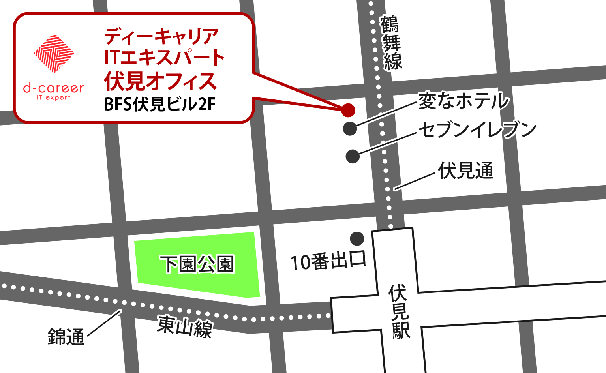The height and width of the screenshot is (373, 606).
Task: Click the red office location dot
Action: [x=348, y=110]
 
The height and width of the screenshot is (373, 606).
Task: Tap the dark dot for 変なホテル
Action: [x=350, y=129]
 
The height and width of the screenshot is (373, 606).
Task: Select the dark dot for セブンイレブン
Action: [x=353, y=156]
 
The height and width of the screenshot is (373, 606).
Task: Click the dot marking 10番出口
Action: [x=357, y=238]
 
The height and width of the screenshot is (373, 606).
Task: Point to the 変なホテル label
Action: [x=463, y=101]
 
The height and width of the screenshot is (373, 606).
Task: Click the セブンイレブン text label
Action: [x=477, y=129]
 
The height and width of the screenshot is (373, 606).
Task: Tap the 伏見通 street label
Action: [x=465, y=171]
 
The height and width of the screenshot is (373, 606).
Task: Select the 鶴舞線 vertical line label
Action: [x=391, y=43]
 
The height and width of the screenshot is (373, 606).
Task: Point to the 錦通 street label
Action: [x=66, y=337]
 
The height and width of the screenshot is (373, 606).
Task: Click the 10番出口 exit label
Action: [x=328, y=261]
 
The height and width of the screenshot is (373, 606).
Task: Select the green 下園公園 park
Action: [x=197, y=264]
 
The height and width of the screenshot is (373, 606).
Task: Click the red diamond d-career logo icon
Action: [x=54, y=53]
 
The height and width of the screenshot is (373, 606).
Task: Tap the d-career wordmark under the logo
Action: [x=54, y=88]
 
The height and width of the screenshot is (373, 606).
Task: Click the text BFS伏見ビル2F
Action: [x=160, y=105]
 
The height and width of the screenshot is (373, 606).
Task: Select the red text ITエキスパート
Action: [x=164, y=58]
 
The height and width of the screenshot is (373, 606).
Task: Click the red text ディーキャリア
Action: [x=161, y=36]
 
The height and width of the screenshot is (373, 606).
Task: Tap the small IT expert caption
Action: [x=54, y=97]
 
